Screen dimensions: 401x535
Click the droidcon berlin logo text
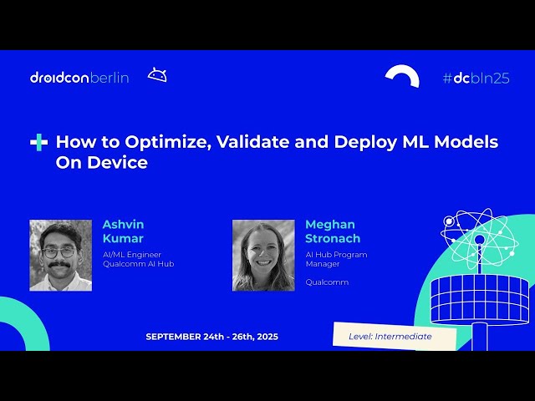pyautogui.click(x=79, y=78)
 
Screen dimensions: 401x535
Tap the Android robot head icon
pyautogui.click(x=157, y=75)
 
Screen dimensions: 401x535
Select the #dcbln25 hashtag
pyautogui.click(x=476, y=78)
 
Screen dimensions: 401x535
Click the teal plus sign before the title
pyautogui.click(x=38, y=143)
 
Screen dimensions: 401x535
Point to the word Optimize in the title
pyautogui.click(x=171, y=142)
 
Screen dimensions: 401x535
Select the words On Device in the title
pyautogui.click(x=101, y=163)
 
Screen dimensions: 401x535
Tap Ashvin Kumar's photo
pyautogui.click(x=61, y=255)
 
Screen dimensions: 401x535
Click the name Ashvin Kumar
pyautogui.click(x=123, y=231)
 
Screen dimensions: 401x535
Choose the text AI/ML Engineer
pyautogui.click(x=131, y=254)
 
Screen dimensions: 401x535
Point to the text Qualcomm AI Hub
pyautogui.click(x=138, y=264)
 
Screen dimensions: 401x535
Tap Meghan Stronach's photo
pyautogui.click(x=263, y=255)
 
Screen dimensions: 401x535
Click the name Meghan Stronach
pyautogui.click(x=333, y=231)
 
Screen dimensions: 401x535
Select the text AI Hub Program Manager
pyautogui.click(x=336, y=259)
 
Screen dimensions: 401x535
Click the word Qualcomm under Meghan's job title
pyautogui.click(x=327, y=282)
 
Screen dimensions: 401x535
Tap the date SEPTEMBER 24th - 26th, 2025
pyautogui.click(x=211, y=337)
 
